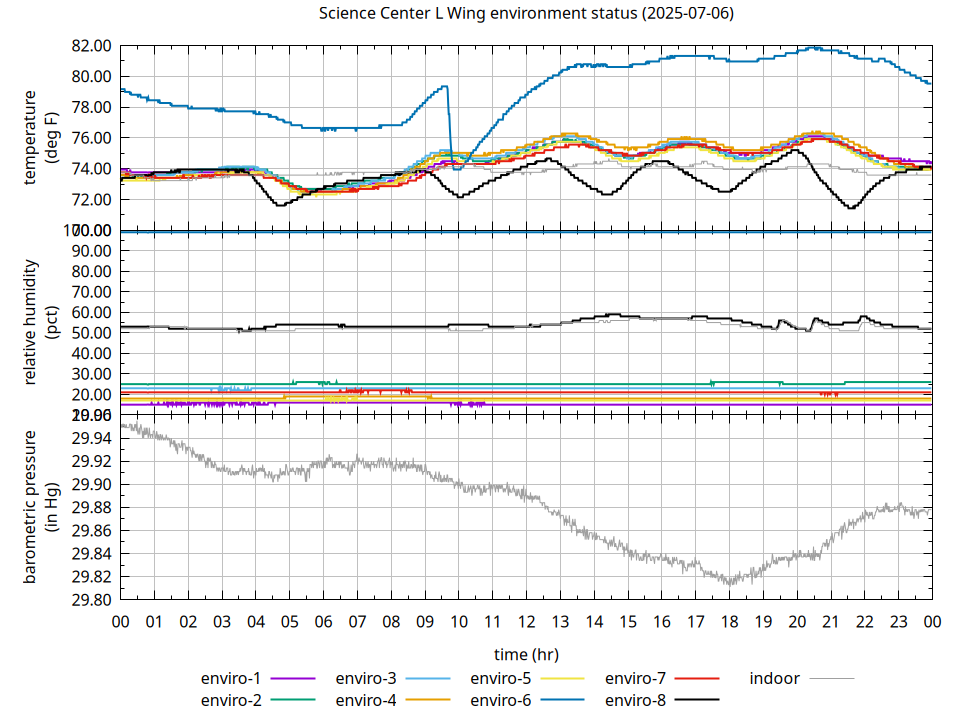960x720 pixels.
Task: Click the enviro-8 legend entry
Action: click(x=661, y=700)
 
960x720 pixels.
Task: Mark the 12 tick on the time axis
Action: click(x=526, y=621)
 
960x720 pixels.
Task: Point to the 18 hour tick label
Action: click(x=729, y=621)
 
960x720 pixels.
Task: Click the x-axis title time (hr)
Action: click(x=526, y=654)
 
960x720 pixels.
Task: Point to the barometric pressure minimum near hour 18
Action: click(x=730, y=582)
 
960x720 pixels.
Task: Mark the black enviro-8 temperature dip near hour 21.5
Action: click(x=851, y=207)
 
